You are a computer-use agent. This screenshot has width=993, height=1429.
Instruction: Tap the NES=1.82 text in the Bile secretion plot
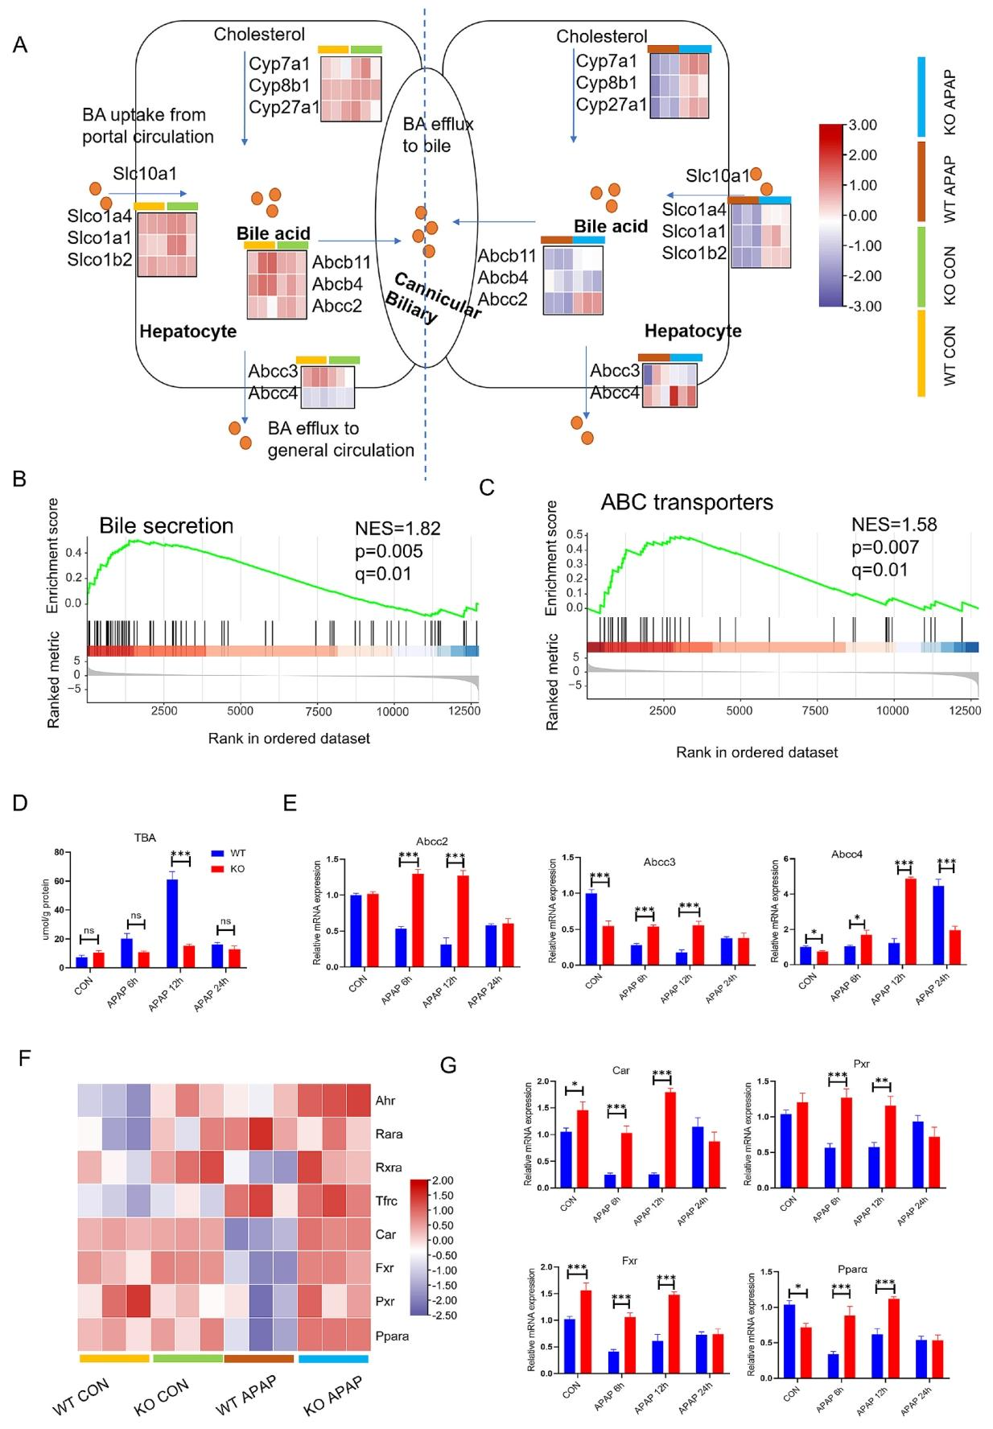(398, 529)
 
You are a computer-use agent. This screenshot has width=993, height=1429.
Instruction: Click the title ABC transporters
(686, 503)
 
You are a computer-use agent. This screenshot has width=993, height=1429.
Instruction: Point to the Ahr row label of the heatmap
(385, 1100)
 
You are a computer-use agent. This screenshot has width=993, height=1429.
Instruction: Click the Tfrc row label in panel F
(386, 1200)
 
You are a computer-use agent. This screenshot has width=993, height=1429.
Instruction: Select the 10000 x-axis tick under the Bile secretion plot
(391, 711)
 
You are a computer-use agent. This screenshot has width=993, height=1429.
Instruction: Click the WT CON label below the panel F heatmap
(81, 1396)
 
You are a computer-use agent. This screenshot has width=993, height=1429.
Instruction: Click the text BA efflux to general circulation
(340, 439)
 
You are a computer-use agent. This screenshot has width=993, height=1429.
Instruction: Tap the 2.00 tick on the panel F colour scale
(443, 1180)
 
